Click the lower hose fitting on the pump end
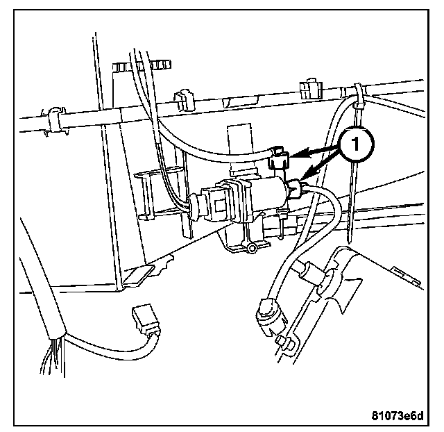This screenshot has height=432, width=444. click(295, 188)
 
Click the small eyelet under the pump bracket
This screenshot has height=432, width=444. click(253, 247)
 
